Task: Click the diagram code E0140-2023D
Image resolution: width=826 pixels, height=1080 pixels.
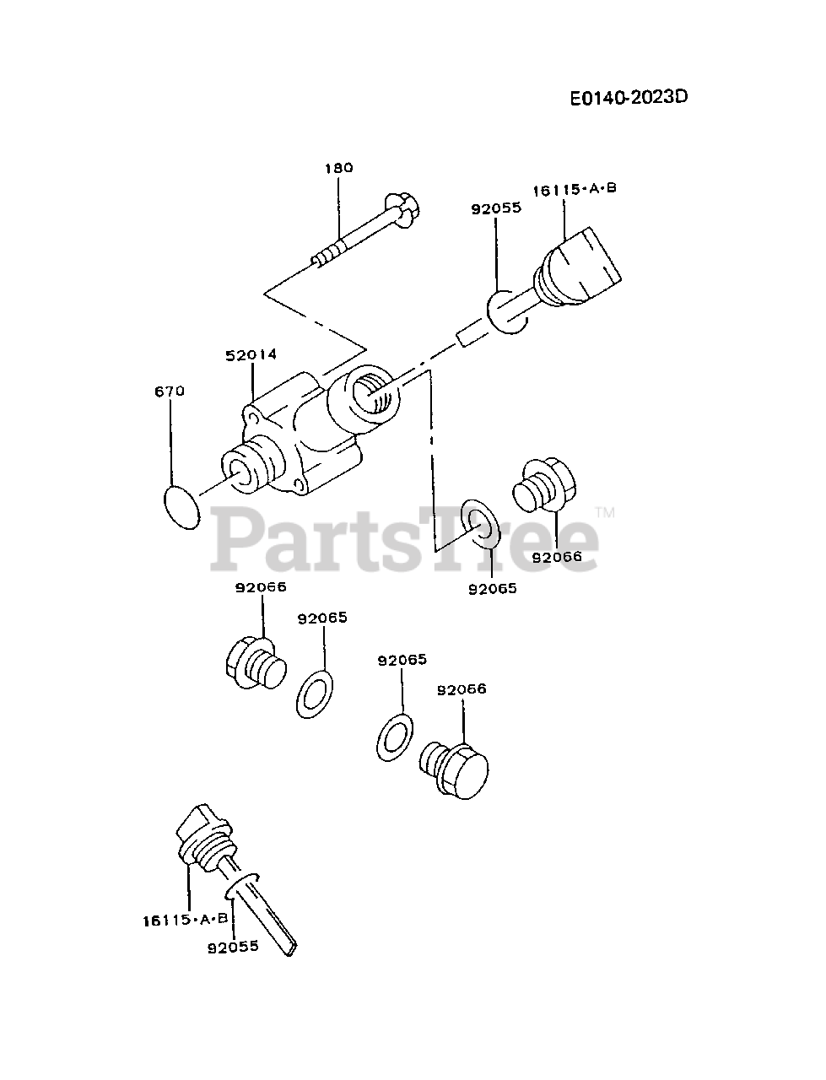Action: pyautogui.click(x=629, y=96)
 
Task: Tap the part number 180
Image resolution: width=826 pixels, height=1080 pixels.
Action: pyautogui.click(x=338, y=167)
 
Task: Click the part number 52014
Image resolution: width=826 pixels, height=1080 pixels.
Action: pyautogui.click(x=251, y=355)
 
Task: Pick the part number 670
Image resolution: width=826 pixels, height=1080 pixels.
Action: pyautogui.click(x=170, y=391)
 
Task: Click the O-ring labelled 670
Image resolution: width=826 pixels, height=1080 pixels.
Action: pyautogui.click(x=181, y=506)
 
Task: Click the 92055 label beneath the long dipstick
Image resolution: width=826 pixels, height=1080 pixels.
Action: pyautogui.click(x=233, y=947)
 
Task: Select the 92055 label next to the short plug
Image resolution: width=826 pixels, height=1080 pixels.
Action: pyautogui.click(x=496, y=208)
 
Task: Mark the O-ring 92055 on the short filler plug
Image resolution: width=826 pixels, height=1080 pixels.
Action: pyautogui.click(x=506, y=311)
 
